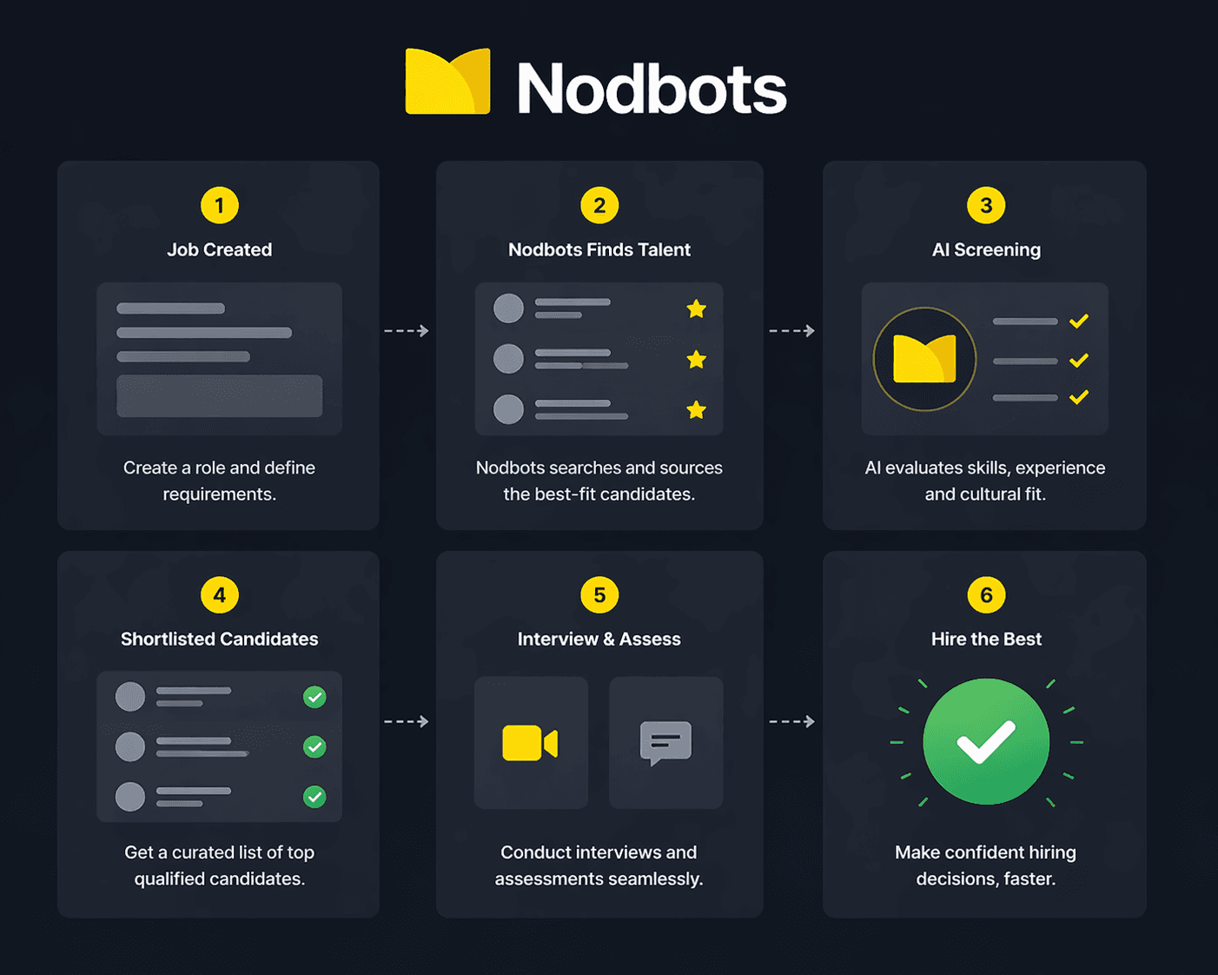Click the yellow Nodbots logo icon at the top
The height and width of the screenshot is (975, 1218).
tap(447, 81)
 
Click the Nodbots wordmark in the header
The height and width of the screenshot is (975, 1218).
tap(652, 87)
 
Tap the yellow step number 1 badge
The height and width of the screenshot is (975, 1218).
tap(220, 205)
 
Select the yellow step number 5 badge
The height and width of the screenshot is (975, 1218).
tap(599, 594)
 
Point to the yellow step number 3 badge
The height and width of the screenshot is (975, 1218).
tap(986, 205)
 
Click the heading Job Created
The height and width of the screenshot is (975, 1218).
tap(220, 249)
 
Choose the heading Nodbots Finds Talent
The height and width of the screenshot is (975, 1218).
tap(599, 249)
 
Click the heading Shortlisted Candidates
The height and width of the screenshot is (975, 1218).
tap(220, 639)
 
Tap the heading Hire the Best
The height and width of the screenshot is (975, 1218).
tap(986, 639)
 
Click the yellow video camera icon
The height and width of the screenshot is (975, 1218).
tap(530, 742)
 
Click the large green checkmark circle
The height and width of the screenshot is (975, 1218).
tap(986, 741)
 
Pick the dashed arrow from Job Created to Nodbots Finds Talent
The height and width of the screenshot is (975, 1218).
tap(407, 331)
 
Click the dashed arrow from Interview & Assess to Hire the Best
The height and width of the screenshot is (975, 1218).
tap(791, 721)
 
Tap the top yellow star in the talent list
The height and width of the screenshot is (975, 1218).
tap(696, 308)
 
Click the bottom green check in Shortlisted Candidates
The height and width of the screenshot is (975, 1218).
tap(314, 797)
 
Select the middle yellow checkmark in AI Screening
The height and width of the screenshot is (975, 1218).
tap(1079, 360)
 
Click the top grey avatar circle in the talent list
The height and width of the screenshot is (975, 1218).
tap(508, 308)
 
